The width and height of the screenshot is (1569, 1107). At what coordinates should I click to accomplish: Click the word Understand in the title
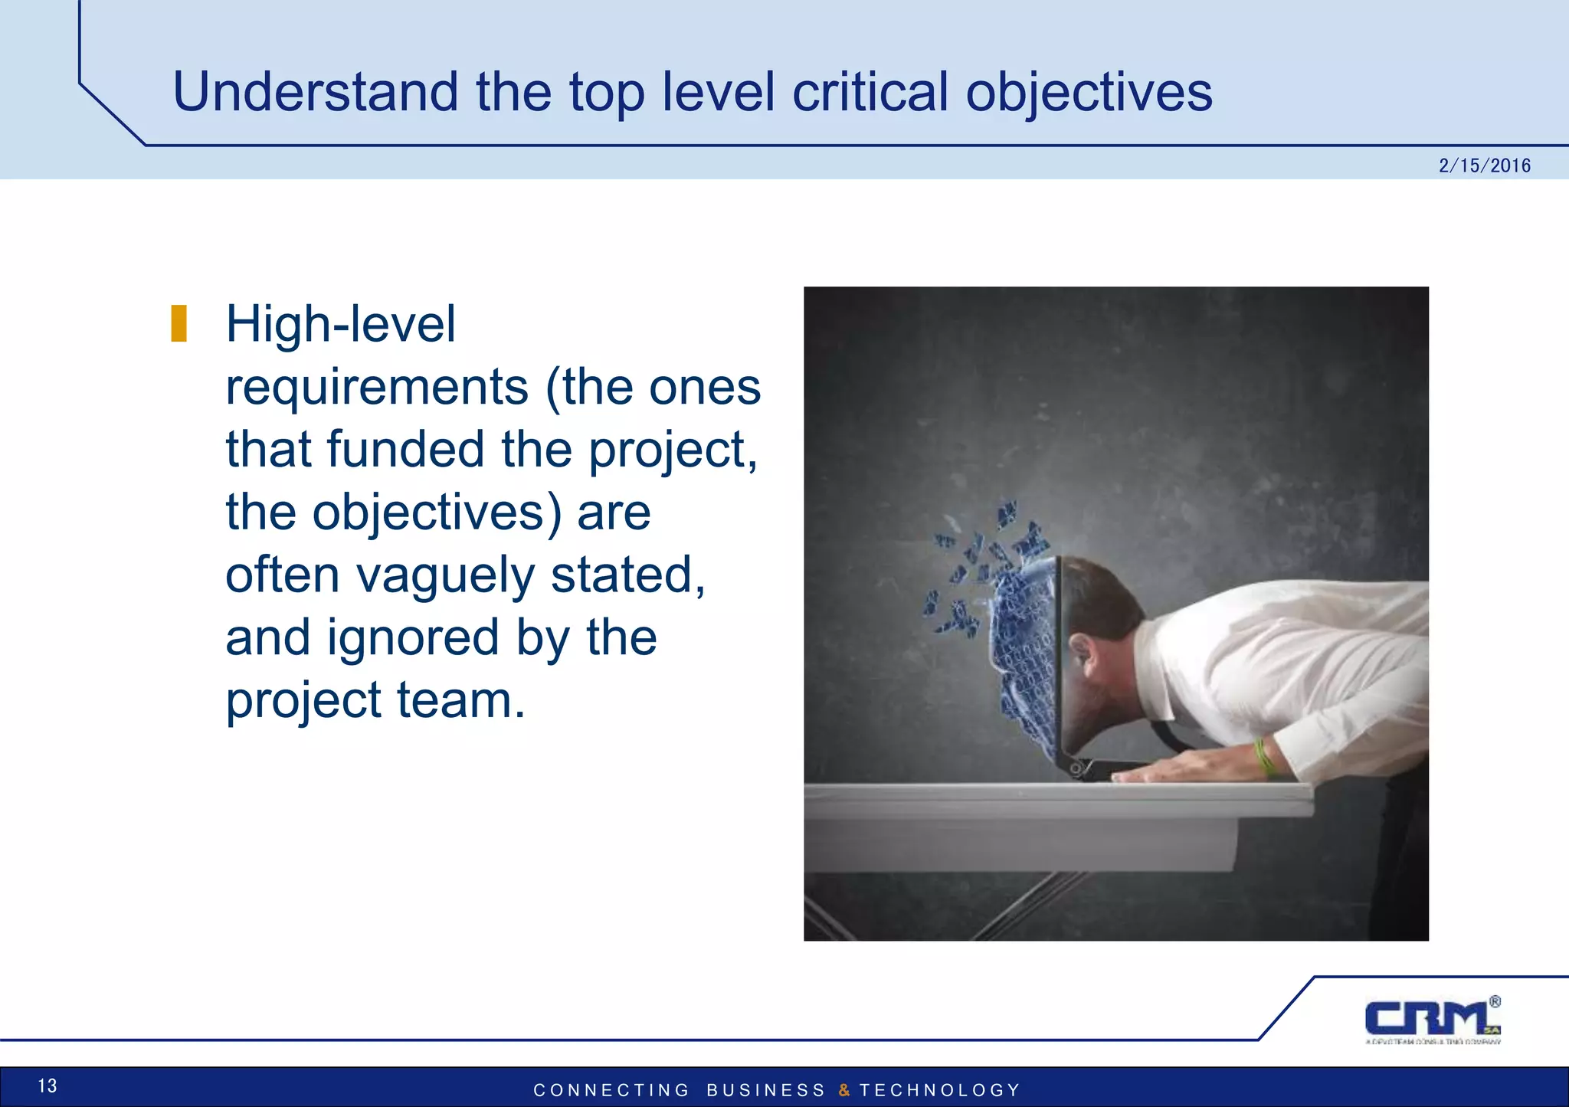315,92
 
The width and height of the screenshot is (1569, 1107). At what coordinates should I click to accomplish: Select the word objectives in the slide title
1089,92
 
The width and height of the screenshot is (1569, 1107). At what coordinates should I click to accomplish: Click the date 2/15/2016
1484,165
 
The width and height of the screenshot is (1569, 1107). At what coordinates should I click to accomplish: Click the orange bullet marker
179,323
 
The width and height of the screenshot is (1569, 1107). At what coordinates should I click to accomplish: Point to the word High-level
340,324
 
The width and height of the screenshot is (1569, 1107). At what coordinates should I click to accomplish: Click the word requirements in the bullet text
377,387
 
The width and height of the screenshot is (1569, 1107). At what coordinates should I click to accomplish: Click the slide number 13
47,1086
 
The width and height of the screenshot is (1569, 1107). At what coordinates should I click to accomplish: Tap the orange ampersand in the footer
843,1090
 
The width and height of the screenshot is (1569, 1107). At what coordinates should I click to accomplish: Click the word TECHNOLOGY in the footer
940,1090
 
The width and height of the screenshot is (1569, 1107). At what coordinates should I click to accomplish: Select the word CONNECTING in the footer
611,1090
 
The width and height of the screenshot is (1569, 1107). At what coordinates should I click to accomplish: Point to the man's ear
1081,651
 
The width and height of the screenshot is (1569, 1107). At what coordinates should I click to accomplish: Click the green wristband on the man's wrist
1264,757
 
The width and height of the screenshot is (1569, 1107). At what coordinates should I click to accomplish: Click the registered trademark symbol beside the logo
1495,1001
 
